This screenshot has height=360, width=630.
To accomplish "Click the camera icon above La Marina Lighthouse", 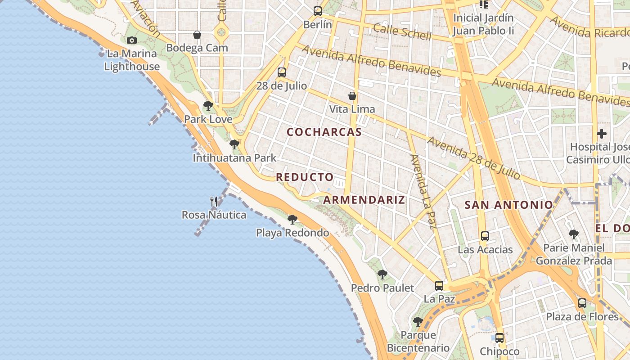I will pyautogui.click(x=131, y=40).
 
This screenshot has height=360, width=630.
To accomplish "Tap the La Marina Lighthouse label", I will pyautogui.click(x=132, y=60).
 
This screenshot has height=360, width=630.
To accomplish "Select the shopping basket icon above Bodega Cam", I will pyautogui.click(x=197, y=35).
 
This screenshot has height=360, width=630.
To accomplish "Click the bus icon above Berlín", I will pyautogui.click(x=318, y=11).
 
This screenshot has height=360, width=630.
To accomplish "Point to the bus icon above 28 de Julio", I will pyautogui.click(x=282, y=72).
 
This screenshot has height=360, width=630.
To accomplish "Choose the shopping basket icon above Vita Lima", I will pyautogui.click(x=352, y=96).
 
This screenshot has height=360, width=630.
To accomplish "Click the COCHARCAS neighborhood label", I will pyautogui.click(x=324, y=132).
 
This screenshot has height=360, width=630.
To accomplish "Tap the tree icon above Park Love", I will pyautogui.click(x=208, y=106).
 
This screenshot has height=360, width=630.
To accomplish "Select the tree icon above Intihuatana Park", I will pyautogui.click(x=234, y=144).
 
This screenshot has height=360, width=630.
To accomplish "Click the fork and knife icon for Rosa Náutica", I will pyautogui.click(x=214, y=202).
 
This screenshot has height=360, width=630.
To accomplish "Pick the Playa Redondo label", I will pyautogui.click(x=292, y=233).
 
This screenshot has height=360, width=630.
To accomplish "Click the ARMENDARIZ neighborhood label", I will pyautogui.click(x=364, y=200).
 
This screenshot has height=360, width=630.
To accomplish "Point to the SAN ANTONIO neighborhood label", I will pyautogui.click(x=508, y=205).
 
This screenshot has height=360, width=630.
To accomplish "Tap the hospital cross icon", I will pyautogui.click(x=602, y=134).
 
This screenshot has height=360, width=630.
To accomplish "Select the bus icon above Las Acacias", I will pyautogui.click(x=485, y=236).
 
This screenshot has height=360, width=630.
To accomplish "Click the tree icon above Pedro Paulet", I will pyautogui.click(x=382, y=274).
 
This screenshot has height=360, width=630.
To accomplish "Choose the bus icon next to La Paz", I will pyautogui.click(x=439, y=285).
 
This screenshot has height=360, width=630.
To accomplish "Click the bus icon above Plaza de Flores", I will pyautogui.click(x=582, y=303).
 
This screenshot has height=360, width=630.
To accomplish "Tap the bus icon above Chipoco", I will pyautogui.click(x=499, y=337).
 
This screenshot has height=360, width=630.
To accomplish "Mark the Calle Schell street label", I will pyautogui.click(x=402, y=32).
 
